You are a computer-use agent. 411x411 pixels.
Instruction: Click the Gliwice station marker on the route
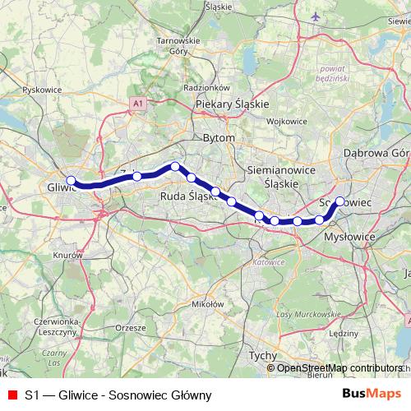(71, 181)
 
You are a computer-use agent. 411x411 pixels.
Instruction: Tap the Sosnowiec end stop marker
(339, 201)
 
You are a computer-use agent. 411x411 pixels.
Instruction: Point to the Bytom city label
(219, 138)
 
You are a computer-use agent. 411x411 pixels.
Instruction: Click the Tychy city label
(263, 356)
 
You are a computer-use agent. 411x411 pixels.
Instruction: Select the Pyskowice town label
(44, 90)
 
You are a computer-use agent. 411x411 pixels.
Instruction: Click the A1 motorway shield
(137, 103)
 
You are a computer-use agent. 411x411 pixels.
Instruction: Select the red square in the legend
(12, 395)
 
